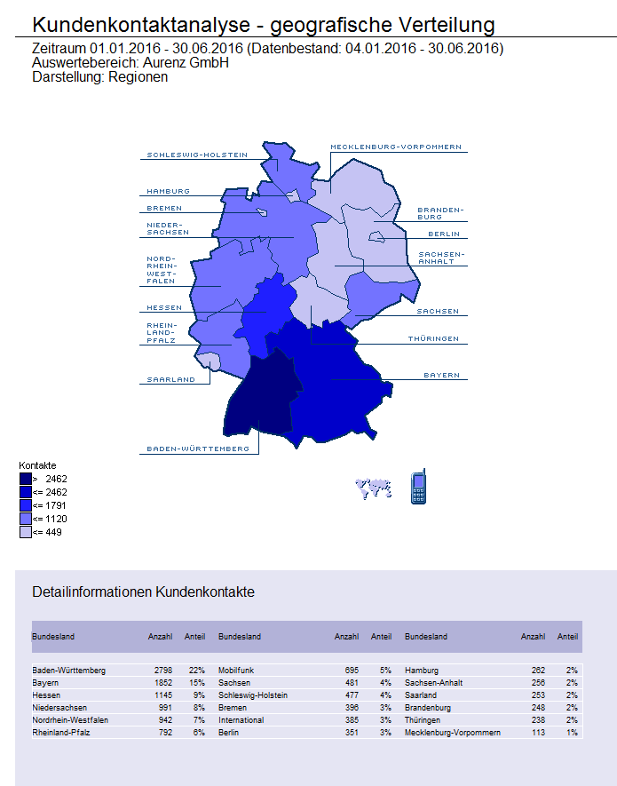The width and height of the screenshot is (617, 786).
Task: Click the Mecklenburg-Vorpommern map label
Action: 395,147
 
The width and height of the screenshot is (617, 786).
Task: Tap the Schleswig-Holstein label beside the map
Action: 197,155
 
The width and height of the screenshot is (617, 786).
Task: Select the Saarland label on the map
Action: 170,379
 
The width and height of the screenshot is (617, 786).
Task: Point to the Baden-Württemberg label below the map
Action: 197,449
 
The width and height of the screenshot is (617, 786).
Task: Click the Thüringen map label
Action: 433,339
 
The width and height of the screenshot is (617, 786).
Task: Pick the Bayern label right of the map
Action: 441,375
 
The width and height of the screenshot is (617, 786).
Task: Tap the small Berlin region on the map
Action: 376,236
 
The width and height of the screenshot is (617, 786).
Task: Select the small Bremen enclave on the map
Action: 262,212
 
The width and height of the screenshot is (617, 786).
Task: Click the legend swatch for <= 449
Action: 25,532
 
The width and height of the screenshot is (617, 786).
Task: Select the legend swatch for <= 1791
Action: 25,505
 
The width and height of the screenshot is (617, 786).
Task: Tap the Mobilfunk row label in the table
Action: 237,671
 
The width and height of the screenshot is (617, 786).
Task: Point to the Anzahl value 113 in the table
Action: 538,733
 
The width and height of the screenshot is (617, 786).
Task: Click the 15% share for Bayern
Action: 196,683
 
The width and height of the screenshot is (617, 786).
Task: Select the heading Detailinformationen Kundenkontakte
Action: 143,591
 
